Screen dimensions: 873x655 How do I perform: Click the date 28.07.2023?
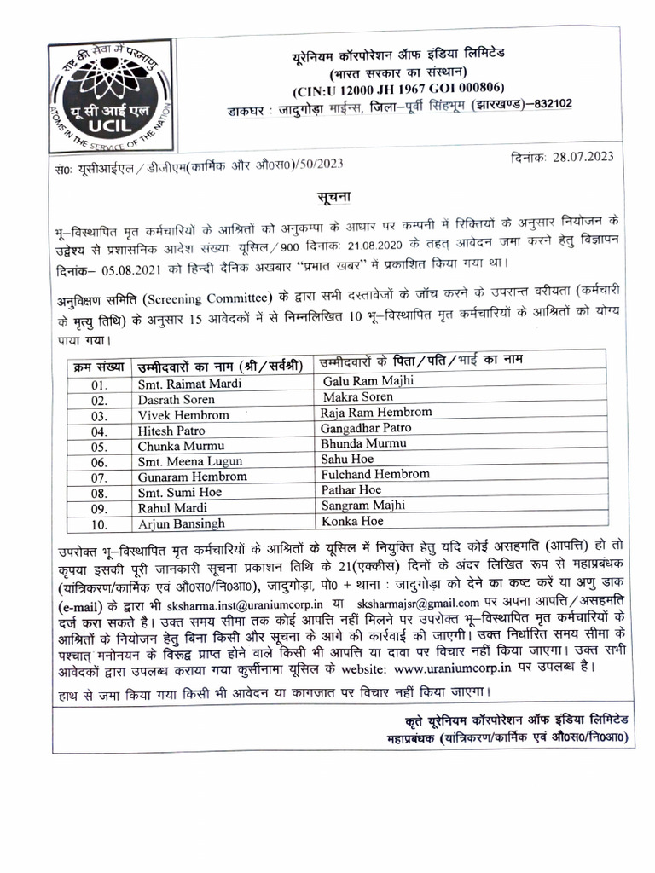[583, 156]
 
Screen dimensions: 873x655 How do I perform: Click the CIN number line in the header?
[398, 88]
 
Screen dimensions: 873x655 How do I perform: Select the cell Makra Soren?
[357, 397]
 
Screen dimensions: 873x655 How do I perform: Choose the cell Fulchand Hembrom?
[374, 474]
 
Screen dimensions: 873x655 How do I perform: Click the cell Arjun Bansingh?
[181, 523]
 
